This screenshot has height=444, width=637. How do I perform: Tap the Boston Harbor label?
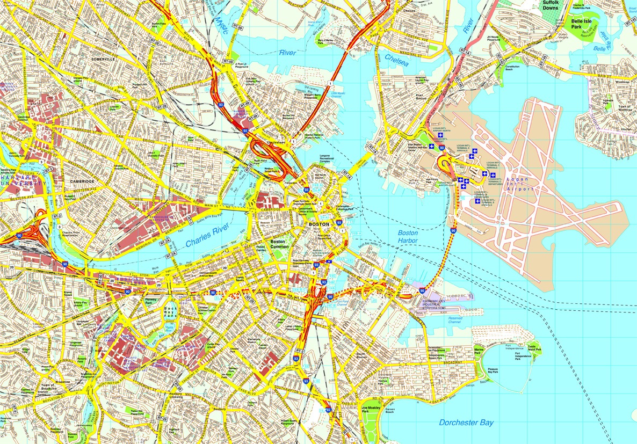point(408,237)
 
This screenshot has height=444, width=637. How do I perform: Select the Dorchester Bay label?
point(466,423)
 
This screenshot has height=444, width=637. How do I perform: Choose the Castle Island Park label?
point(534,350)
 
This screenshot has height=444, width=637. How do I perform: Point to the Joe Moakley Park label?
point(372,407)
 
